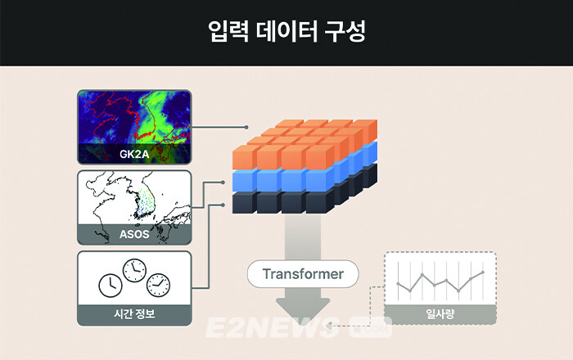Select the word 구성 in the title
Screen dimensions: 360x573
(345, 32)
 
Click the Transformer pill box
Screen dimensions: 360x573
(303, 273)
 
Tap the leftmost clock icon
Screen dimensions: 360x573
(110, 286)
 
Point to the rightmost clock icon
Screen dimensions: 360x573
(159, 285)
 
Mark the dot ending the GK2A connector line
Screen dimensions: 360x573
(247, 127)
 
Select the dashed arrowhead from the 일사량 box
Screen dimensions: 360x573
(329, 326)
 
